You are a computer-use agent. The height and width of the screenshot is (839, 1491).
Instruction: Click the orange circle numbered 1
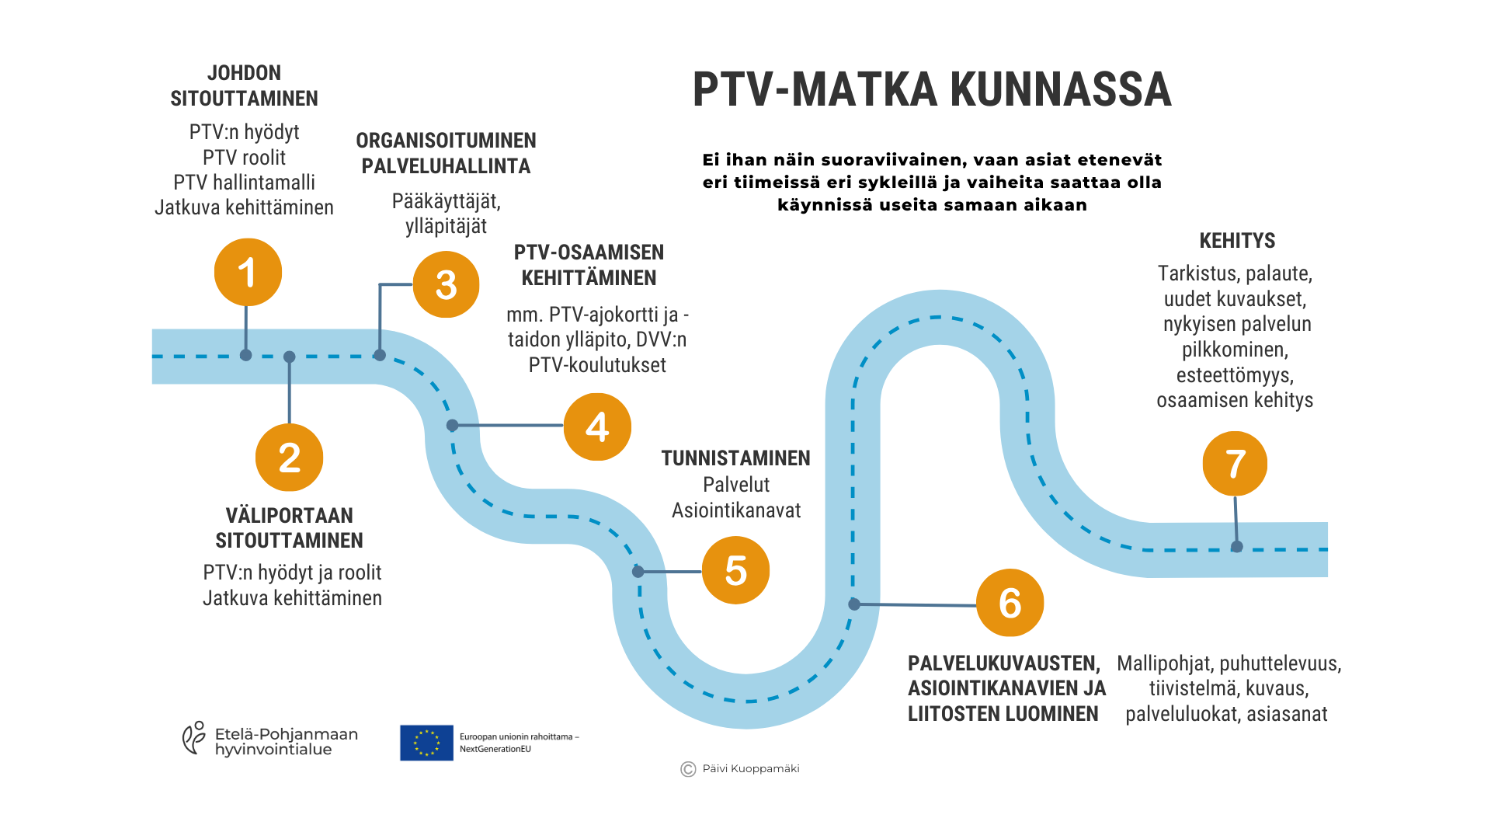click(248, 273)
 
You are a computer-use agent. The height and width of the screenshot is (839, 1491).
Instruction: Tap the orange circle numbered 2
click(289, 458)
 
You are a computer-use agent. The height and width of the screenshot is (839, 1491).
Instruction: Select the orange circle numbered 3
click(446, 285)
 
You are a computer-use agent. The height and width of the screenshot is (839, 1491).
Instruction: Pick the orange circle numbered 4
click(597, 426)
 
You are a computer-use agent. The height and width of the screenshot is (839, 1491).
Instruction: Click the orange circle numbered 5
click(735, 570)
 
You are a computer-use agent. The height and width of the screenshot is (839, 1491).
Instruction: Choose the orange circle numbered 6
click(1010, 603)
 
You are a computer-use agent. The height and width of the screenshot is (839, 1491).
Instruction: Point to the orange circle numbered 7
click(1235, 464)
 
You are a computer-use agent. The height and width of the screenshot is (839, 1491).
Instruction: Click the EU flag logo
click(426, 743)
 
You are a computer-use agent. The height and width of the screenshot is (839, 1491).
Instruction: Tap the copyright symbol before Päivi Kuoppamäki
click(688, 769)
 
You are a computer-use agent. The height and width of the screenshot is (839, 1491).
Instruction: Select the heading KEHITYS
click(1237, 241)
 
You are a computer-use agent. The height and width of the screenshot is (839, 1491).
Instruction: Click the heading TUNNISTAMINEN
click(735, 458)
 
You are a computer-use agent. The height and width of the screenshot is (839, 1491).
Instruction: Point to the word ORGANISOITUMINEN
click(446, 141)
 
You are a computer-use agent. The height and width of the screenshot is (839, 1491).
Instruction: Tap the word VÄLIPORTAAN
click(289, 516)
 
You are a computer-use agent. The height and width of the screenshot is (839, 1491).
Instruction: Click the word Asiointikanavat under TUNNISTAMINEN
click(735, 510)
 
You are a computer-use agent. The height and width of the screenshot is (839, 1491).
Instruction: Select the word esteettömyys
click(1235, 375)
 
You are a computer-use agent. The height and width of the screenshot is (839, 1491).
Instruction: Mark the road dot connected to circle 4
click(453, 426)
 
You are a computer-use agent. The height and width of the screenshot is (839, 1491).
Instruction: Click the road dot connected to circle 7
click(1237, 547)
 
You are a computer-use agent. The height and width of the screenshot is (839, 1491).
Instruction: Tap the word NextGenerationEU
click(495, 750)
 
